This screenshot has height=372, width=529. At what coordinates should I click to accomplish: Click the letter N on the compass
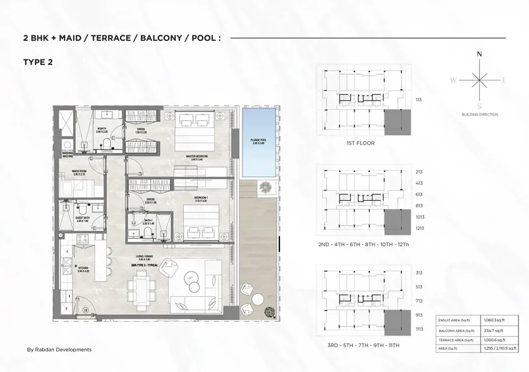point(479,55)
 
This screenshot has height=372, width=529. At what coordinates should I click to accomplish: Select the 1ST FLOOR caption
point(360,143)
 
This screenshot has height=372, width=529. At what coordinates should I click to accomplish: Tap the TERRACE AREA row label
point(451,340)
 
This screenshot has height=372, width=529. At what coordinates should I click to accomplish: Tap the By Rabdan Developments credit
point(60,350)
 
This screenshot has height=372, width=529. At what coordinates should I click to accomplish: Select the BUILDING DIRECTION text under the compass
point(479,115)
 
